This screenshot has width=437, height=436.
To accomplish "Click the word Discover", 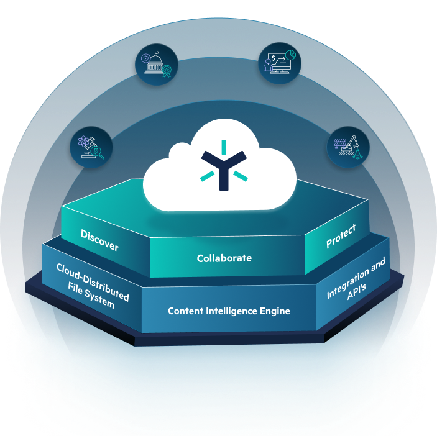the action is coord(99,240).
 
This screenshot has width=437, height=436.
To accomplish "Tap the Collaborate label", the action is coord(224,258).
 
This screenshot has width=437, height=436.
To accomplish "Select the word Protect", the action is coord(341,236).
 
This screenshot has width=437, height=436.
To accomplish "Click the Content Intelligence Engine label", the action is coord(229,311).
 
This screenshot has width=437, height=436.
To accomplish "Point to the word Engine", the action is coord(276,311).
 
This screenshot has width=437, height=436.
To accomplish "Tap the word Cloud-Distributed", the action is coord(93,281).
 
